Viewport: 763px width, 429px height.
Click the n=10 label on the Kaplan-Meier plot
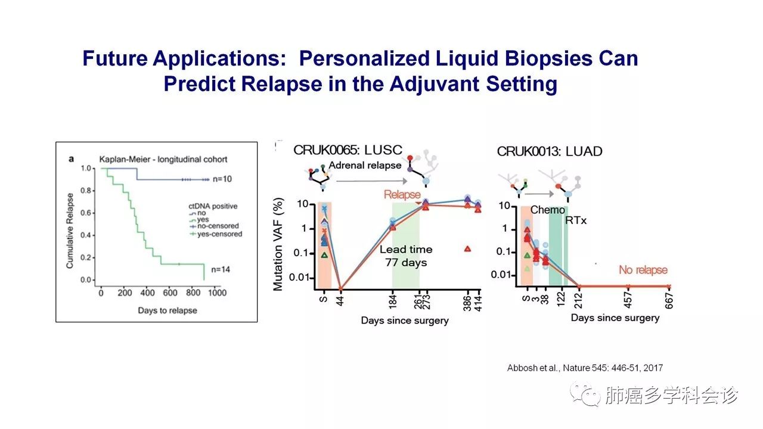click(x=222, y=179)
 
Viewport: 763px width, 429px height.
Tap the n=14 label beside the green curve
click(x=221, y=269)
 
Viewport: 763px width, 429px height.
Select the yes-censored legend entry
click(x=216, y=234)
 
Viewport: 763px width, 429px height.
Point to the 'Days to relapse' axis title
click(x=168, y=310)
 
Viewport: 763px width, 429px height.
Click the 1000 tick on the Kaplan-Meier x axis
click(x=217, y=293)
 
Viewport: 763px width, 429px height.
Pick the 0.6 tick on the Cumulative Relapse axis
click(x=86, y=213)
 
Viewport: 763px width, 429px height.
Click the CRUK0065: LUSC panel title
click(x=348, y=150)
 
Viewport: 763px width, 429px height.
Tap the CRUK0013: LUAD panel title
click(x=550, y=151)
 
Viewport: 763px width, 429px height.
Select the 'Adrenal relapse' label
click(x=365, y=165)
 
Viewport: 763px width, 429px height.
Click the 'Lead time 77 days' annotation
click(x=406, y=256)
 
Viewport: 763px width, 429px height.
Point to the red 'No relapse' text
click(x=643, y=270)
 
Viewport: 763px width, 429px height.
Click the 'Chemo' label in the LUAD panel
click(x=547, y=210)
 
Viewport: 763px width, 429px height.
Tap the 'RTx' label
click(x=576, y=220)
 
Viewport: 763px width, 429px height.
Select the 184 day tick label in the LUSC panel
click(x=393, y=301)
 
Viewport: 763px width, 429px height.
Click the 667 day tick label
click(x=669, y=301)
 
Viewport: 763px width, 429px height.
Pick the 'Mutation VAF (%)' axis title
click(x=278, y=244)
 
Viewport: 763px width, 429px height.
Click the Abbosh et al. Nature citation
click(x=585, y=368)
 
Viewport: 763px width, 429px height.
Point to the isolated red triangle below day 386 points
click(x=467, y=249)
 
